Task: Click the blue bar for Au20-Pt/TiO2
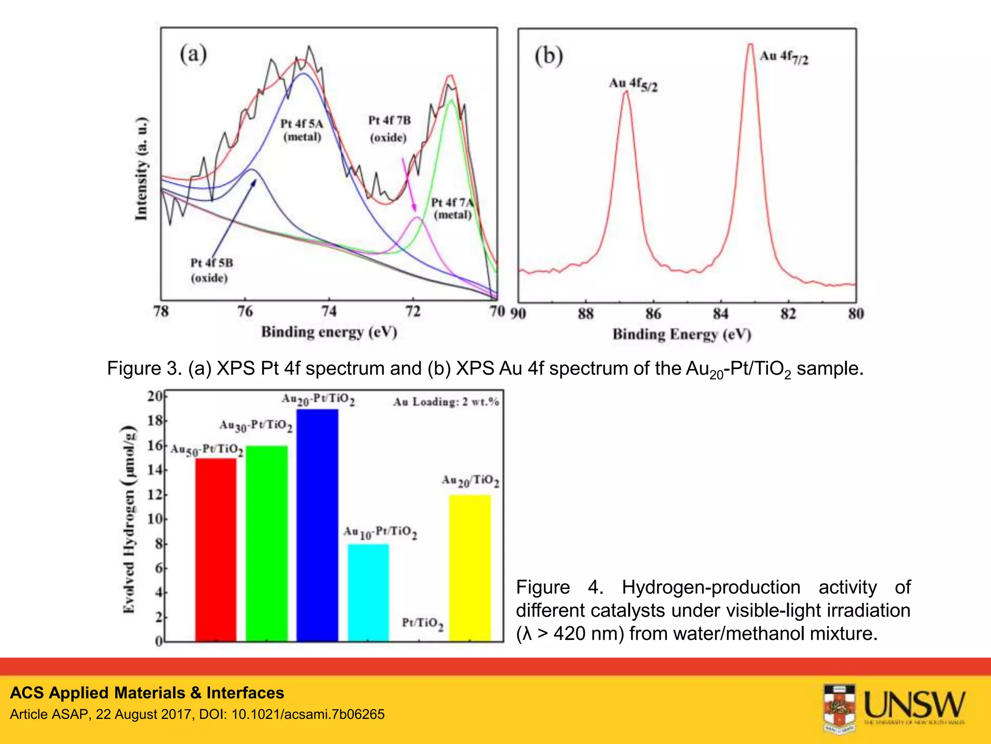pyautogui.click(x=317, y=526)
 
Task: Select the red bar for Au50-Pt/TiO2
pyautogui.click(x=216, y=550)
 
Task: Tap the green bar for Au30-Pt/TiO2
pyautogui.click(x=267, y=543)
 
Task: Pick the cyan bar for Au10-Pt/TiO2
pyautogui.click(x=368, y=593)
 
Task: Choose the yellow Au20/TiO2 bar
pyautogui.click(x=470, y=568)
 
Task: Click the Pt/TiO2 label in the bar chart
pyautogui.click(x=422, y=623)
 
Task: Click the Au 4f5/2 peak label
pyautogui.click(x=633, y=84)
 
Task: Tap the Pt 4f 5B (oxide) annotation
pyautogui.click(x=211, y=270)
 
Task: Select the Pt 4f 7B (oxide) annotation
pyautogui.click(x=389, y=129)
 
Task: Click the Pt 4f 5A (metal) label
pyautogui.click(x=302, y=130)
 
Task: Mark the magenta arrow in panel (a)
pyautogui.click(x=409, y=184)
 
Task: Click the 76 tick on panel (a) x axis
pyautogui.click(x=245, y=311)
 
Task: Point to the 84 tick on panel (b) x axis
pyautogui.click(x=721, y=314)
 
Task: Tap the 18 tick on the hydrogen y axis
pyautogui.click(x=155, y=420)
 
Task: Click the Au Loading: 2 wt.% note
pyautogui.click(x=446, y=402)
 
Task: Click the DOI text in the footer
pyautogui.click(x=308, y=714)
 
